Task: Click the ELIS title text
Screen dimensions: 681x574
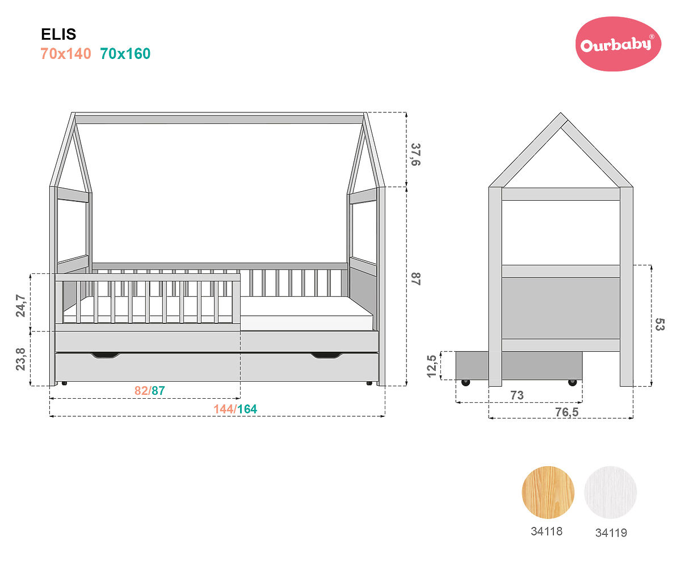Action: pos(58,34)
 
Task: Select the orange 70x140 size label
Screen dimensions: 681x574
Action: pos(66,54)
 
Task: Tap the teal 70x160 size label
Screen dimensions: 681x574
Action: pos(125,54)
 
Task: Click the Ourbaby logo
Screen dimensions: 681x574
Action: pos(618,44)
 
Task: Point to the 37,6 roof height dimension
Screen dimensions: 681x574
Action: pos(416,154)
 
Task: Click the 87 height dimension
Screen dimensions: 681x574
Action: pos(416,279)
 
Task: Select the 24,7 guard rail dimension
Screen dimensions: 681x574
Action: pos(20,305)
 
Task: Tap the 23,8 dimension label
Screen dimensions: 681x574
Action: pos(20,359)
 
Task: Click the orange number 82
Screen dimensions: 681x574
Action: pos(141,390)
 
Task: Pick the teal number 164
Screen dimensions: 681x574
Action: pos(247,409)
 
